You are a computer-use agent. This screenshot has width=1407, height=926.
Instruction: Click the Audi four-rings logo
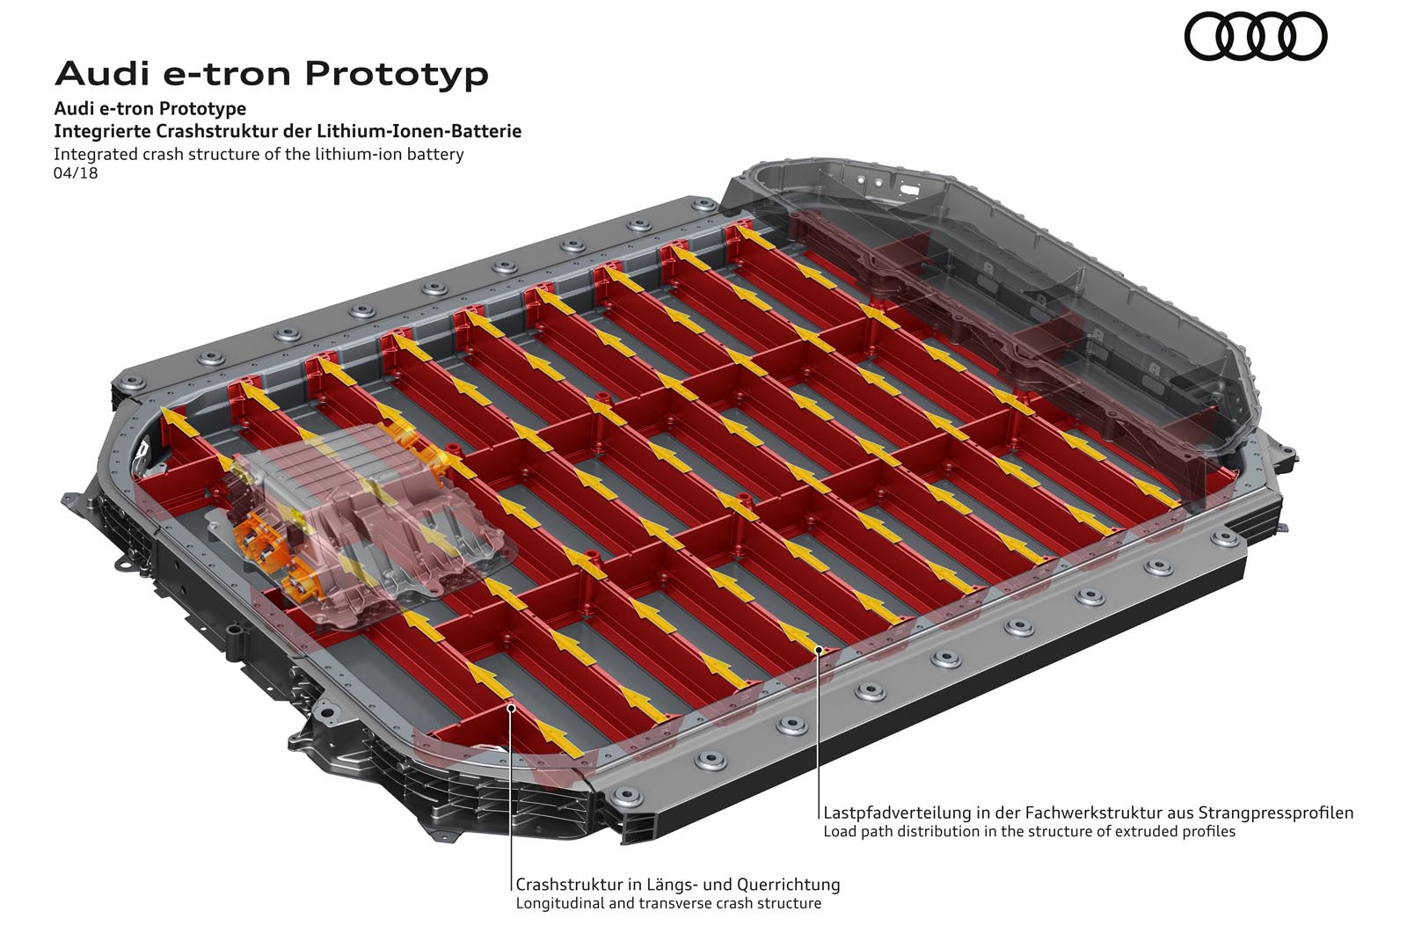(x=1255, y=37)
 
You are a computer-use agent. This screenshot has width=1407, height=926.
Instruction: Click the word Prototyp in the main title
(x=397, y=76)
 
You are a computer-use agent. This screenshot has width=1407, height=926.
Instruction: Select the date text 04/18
(x=76, y=172)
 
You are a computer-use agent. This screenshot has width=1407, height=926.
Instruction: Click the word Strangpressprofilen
(x=1276, y=813)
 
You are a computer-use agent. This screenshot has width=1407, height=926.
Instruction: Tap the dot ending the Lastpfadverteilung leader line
(x=819, y=650)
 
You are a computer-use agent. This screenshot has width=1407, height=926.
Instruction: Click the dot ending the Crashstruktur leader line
(x=511, y=708)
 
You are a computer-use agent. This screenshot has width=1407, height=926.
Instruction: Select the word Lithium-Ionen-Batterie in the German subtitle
(x=419, y=131)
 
